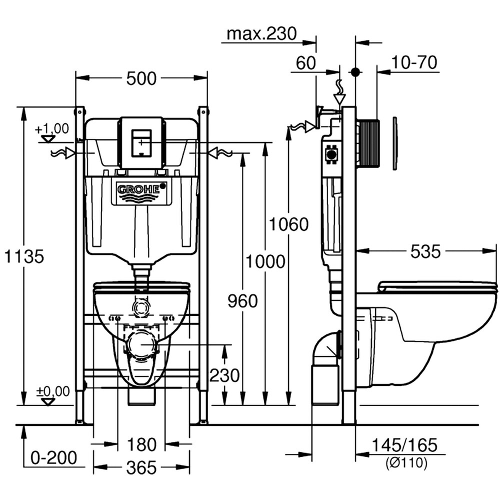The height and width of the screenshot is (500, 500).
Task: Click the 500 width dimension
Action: tap(141, 78)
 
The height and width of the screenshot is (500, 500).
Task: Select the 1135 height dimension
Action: tap(23, 256)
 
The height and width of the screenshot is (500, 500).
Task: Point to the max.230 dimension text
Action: tap(261, 34)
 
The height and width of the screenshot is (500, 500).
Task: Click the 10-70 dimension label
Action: tap(414, 62)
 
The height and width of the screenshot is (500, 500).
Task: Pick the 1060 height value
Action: tap(288, 224)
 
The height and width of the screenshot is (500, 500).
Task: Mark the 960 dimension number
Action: tap(242, 301)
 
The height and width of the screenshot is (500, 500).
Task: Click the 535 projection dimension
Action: tap(425, 252)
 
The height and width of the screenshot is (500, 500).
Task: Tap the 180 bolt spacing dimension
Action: tap(141, 444)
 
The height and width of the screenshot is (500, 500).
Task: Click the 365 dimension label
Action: tap(141, 468)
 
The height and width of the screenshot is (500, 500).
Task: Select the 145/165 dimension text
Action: tap(405, 444)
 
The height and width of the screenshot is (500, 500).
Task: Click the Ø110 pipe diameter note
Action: tap(406, 463)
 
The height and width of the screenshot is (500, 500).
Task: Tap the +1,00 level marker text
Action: tap(52, 128)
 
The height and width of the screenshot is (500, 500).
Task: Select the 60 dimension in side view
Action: tap(306, 63)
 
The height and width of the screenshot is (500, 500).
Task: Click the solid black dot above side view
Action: tap(355, 72)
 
